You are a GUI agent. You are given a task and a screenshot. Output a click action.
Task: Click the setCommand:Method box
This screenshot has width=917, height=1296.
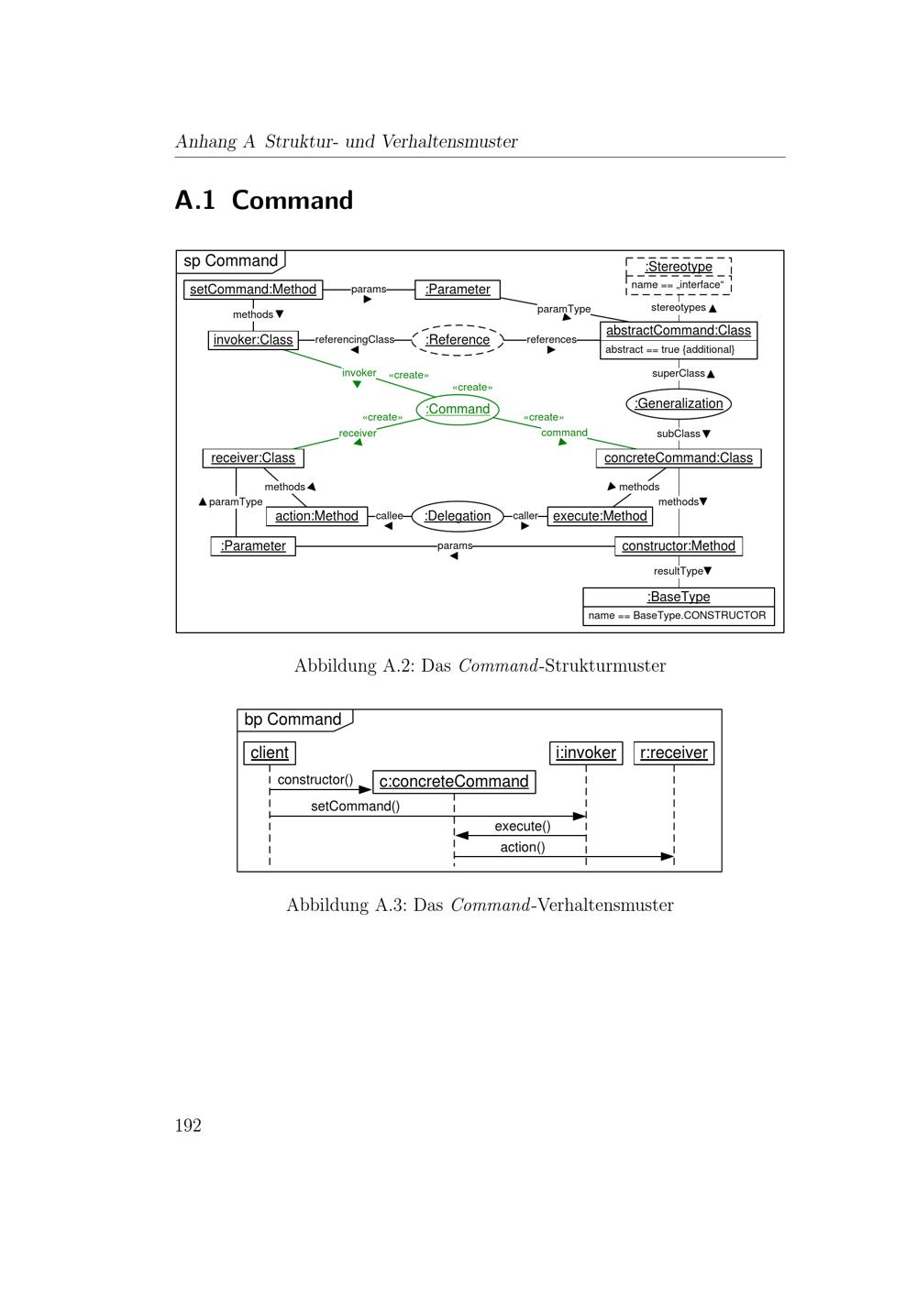(253, 290)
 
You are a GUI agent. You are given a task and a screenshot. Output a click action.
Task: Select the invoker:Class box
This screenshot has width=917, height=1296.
(253, 340)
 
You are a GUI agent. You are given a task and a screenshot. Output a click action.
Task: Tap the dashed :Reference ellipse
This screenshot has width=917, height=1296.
(458, 340)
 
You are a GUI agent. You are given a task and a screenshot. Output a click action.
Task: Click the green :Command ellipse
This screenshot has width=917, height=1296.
(458, 409)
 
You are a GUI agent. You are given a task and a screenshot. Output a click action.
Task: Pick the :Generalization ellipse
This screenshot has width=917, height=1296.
(679, 403)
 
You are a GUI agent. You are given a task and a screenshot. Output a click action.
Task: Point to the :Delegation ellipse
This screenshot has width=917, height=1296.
(458, 516)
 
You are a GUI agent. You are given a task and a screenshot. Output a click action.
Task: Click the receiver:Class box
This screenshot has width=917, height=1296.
(252, 457)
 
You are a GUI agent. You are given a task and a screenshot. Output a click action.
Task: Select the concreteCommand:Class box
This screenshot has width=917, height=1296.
(679, 457)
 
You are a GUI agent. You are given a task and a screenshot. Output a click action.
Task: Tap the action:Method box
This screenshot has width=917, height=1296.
(316, 516)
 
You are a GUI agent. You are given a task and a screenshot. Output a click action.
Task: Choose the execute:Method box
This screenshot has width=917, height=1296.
(600, 516)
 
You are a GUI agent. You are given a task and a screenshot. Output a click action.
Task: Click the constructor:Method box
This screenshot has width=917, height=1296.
(679, 546)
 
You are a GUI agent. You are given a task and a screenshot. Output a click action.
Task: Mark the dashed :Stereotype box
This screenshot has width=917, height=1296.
(679, 275)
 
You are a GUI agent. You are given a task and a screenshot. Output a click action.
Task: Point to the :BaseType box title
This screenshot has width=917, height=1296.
(679, 597)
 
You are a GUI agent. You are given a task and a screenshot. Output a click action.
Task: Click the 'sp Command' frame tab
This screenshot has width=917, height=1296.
(230, 261)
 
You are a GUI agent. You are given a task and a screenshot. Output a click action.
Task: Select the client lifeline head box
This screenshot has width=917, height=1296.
(270, 753)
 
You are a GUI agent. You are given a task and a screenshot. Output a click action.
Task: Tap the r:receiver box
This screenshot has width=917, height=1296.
(674, 753)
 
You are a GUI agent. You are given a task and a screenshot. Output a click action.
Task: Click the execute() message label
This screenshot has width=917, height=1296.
(523, 826)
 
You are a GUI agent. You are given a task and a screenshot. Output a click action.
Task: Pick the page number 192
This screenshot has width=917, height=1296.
(188, 1126)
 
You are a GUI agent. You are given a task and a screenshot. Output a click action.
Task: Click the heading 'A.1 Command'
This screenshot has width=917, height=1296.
(264, 200)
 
